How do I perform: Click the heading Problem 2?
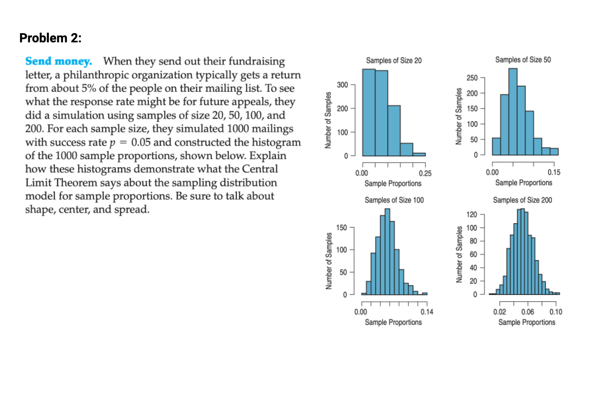[x=50, y=38]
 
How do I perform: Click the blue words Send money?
[x=59, y=61]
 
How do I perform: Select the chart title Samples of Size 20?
[x=393, y=60]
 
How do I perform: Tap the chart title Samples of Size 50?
[x=523, y=60]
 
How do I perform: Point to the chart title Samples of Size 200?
[x=523, y=200]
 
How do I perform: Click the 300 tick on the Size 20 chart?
[x=342, y=85]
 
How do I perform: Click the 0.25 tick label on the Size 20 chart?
[x=425, y=173]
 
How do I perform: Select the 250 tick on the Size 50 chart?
[x=473, y=78]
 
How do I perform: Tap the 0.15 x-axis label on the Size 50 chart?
[x=555, y=173]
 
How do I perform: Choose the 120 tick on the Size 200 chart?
[x=473, y=215]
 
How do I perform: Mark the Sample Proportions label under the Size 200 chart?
[x=527, y=322]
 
